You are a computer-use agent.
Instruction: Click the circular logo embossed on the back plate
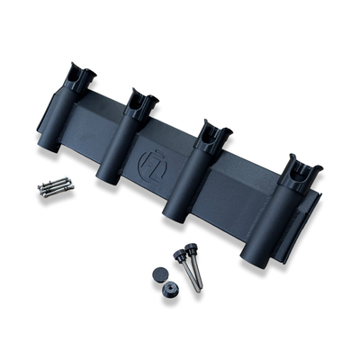[x=149, y=166]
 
